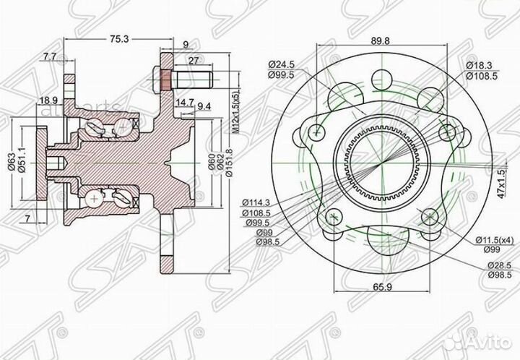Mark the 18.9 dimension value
click(x=48, y=100)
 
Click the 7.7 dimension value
click(x=50, y=56)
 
